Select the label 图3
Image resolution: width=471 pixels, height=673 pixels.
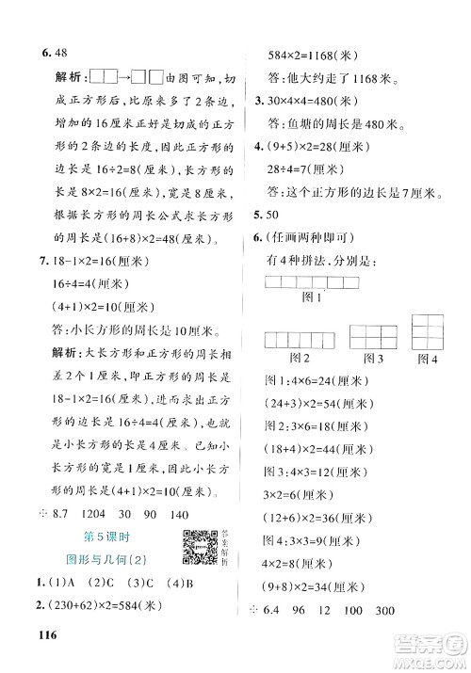click(374, 358)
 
